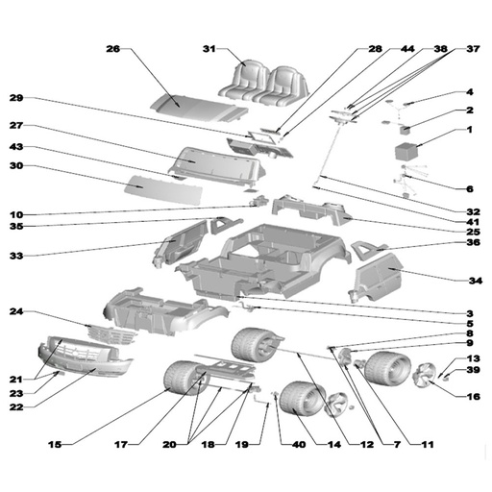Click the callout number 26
point(113,49)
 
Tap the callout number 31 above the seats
point(209,49)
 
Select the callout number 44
point(407,49)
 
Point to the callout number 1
point(469,130)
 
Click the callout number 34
point(476,281)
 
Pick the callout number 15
point(55,444)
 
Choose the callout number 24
point(16,311)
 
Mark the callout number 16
point(474,397)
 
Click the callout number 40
point(299,444)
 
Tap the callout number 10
point(16,214)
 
